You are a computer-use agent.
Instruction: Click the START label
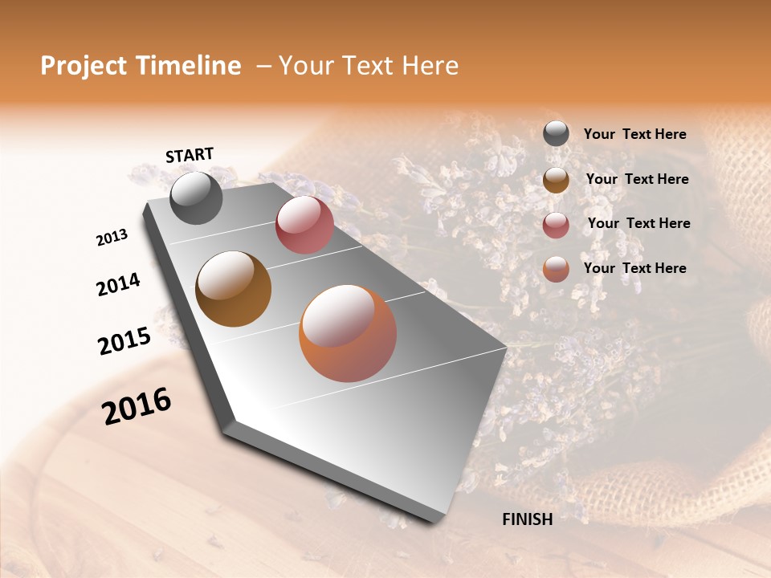point(190,155)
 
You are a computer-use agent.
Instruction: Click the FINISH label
point(527,519)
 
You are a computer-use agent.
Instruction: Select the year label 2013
point(112,238)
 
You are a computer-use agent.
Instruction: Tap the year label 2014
point(118,284)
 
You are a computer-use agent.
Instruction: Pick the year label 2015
point(124,340)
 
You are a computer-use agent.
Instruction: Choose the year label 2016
point(137,405)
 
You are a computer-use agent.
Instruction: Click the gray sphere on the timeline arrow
point(196,197)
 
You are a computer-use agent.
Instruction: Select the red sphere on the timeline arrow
point(304,224)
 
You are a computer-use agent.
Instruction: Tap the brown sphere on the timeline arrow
point(233,289)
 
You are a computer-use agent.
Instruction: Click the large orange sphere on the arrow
point(348,333)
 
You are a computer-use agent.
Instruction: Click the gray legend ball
point(556,134)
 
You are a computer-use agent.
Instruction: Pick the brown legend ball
point(556,180)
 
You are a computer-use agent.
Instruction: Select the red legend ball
point(556,225)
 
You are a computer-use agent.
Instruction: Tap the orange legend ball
point(556,269)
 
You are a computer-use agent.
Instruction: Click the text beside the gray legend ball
point(634,135)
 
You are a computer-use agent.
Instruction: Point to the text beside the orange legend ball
point(634,268)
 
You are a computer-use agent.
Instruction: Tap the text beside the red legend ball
point(638,223)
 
